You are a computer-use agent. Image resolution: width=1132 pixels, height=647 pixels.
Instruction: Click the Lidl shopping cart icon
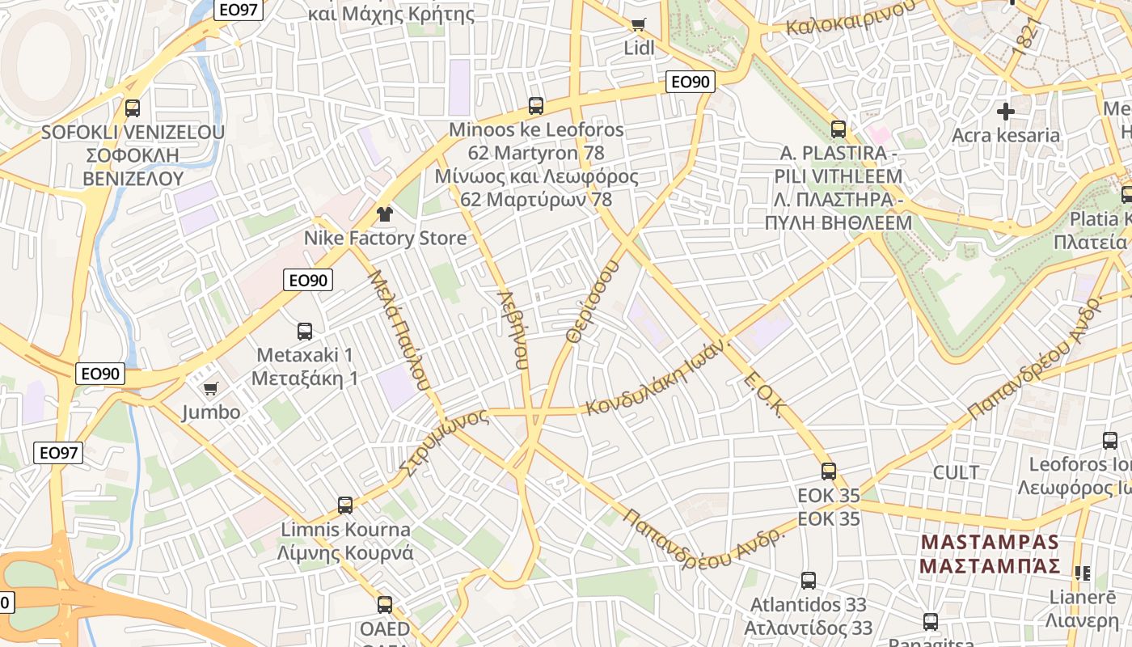coord(638,24)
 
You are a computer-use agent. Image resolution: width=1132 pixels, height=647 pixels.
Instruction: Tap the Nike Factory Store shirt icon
coord(385,214)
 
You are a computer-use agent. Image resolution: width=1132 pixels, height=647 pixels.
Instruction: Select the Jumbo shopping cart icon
coord(210,388)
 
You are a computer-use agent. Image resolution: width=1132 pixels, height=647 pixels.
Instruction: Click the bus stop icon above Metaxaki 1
coord(304,331)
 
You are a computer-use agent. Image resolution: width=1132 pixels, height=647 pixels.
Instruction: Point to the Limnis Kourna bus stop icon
coord(345,505)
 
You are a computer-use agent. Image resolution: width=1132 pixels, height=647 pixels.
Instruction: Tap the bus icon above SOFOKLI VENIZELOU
coord(132,108)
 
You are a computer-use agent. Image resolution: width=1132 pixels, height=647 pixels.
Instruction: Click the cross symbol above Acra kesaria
coord(1006,111)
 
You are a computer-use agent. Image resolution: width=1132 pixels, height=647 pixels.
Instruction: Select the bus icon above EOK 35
coord(828,471)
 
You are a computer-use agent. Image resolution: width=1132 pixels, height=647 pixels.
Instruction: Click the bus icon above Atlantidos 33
coord(808,580)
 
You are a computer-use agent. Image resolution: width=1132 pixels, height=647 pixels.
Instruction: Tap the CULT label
coord(956,472)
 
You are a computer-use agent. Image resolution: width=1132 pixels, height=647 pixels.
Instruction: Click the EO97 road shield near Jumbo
coord(59,453)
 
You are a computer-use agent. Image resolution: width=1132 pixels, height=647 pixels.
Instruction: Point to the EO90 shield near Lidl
coord(691,81)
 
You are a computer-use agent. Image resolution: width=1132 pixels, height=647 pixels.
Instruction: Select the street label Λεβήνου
coord(513,329)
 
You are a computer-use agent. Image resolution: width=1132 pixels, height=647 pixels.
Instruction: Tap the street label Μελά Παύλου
coord(398,330)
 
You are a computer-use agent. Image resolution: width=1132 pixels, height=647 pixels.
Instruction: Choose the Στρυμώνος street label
coord(444,442)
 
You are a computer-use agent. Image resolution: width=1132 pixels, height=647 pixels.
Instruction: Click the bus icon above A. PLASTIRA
coord(838,129)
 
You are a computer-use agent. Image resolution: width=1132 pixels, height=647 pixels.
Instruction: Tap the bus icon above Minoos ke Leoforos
coord(535,105)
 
